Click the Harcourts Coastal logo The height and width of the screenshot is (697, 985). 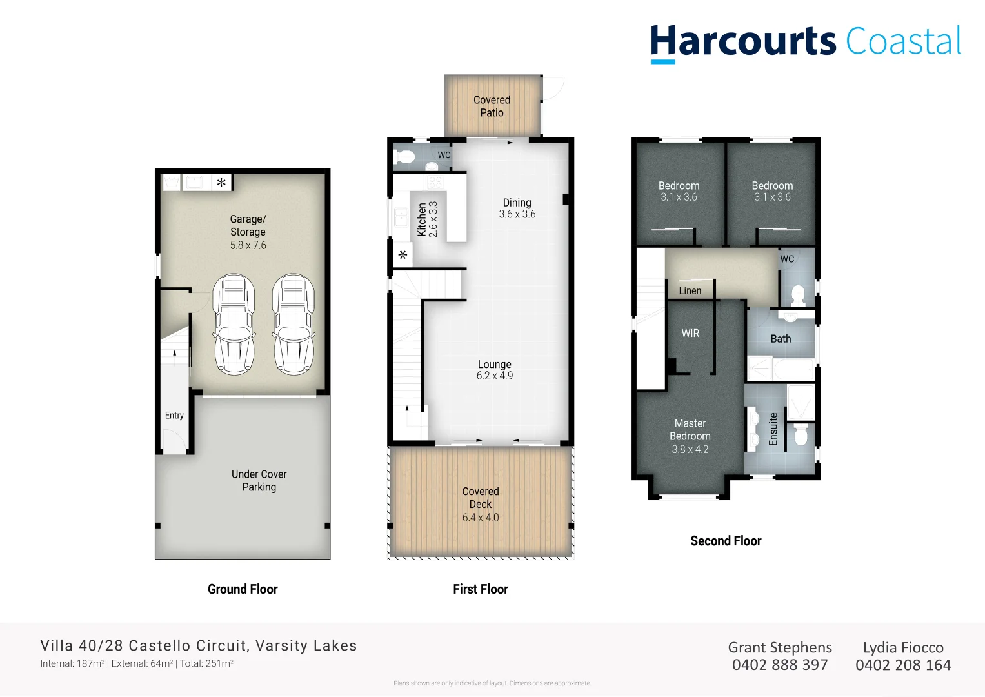(805, 43)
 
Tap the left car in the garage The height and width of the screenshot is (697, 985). (234, 324)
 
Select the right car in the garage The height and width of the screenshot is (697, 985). (294, 324)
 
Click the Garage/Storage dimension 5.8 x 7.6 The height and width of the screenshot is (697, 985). (248, 245)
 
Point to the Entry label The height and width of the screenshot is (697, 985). (174, 416)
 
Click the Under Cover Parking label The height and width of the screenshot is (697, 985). (259, 481)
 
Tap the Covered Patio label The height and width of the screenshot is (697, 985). (492, 106)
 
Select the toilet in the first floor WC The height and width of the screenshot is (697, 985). (406, 157)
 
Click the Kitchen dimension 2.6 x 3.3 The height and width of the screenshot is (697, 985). (433, 219)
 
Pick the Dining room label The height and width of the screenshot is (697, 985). (517, 203)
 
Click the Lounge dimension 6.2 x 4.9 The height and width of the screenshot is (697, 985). (495, 376)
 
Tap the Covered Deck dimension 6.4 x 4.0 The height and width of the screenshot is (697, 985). (481, 518)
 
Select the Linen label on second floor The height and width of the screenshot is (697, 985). (690, 291)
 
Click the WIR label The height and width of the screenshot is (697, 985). (690, 334)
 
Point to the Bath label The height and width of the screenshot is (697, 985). (781, 339)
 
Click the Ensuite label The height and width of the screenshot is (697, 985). (773, 429)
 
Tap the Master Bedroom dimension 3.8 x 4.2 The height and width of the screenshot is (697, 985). (690, 449)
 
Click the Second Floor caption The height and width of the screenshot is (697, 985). (726, 541)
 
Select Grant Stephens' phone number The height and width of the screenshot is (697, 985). (780, 665)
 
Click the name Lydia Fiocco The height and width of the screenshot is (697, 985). (903, 647)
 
